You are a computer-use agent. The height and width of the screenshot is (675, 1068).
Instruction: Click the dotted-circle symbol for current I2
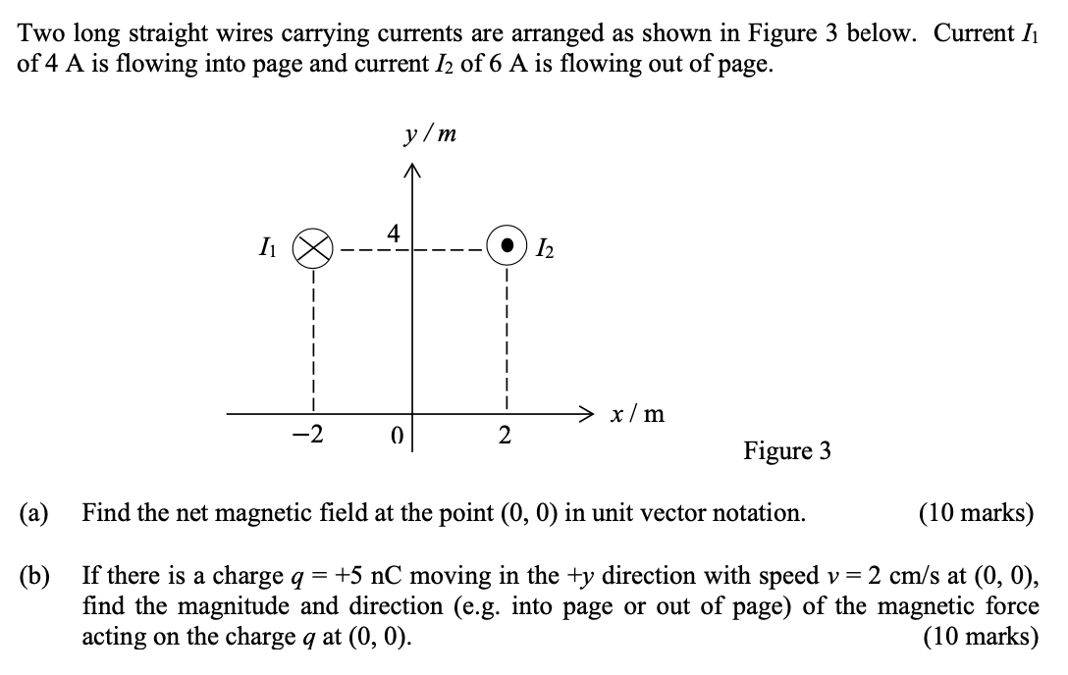pos(506,245)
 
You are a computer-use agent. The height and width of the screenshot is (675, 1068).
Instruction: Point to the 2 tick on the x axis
pos(505,436)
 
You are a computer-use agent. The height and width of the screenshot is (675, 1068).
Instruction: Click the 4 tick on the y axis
pos(394,234)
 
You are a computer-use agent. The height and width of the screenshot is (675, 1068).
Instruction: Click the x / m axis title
pos(636,414)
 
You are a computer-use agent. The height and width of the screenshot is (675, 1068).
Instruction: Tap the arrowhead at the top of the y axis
pos(410,174)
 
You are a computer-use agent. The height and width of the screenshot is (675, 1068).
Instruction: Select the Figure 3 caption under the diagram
pos(786,451)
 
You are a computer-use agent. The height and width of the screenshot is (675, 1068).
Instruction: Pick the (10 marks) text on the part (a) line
pos(976,512)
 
